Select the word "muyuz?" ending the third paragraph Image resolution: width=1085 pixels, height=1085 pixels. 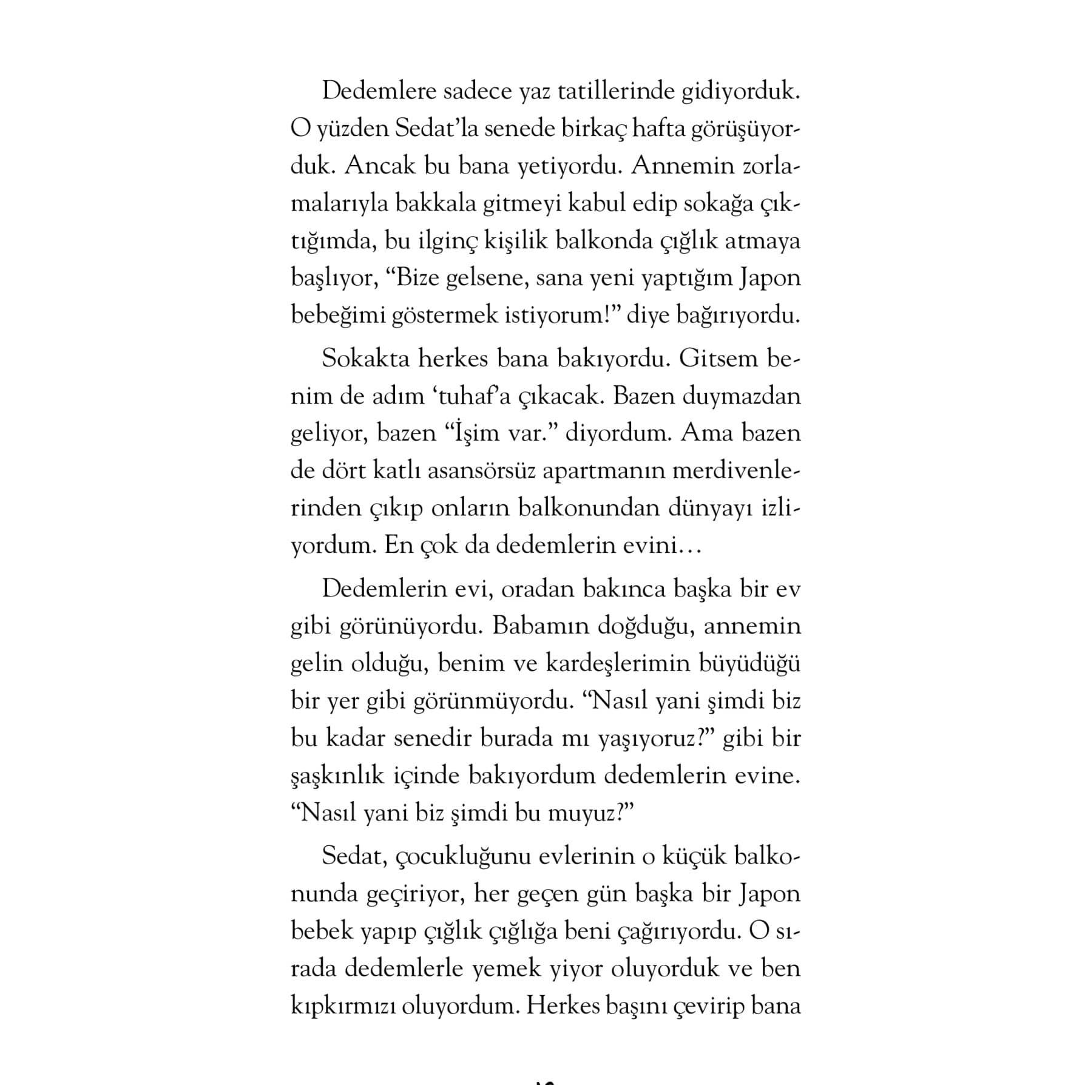tap(591, 814)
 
